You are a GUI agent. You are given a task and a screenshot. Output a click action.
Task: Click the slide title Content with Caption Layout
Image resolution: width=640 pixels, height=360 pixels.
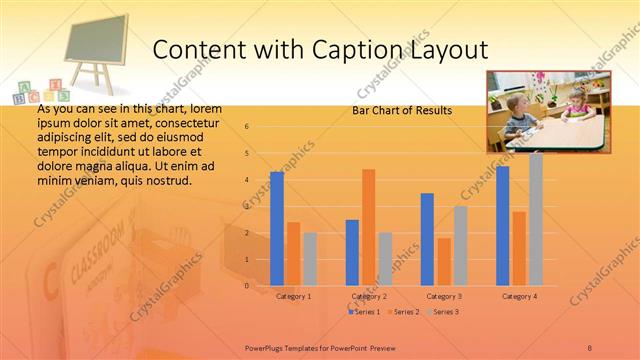click(x=321, y=49)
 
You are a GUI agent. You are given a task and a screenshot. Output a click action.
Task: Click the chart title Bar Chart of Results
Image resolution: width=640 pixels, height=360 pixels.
click(x=402, y=110)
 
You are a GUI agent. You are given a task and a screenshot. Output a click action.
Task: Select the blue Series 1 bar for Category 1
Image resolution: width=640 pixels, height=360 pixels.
click(x=277, y=229)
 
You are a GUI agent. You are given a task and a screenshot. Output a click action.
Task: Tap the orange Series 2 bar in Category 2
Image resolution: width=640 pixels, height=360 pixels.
click(x=369, y=227)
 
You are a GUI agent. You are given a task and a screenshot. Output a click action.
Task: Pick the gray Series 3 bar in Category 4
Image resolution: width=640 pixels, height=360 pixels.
click(x=536, y=219)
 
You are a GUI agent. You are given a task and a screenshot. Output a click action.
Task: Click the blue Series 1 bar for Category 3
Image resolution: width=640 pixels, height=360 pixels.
click(x=427, y=239)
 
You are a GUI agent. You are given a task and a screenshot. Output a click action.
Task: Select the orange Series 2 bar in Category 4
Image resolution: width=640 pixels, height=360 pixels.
click(x=519, y=248)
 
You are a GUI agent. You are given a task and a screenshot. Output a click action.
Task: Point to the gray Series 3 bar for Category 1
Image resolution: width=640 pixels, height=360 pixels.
click(x=310, y=259)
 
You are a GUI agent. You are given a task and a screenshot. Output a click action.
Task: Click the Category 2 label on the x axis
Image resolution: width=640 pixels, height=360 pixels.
click(x=369, y=297)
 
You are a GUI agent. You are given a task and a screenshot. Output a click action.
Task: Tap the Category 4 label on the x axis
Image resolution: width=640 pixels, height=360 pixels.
click(x=519, y=297)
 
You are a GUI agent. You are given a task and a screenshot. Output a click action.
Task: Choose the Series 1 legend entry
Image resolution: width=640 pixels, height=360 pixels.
click(x=364, y=312)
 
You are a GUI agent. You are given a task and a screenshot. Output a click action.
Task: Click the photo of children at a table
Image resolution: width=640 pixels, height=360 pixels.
click(x=547, y=111)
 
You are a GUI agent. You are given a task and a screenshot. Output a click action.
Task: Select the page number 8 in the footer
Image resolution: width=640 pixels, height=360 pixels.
click(x=590, y=346)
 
